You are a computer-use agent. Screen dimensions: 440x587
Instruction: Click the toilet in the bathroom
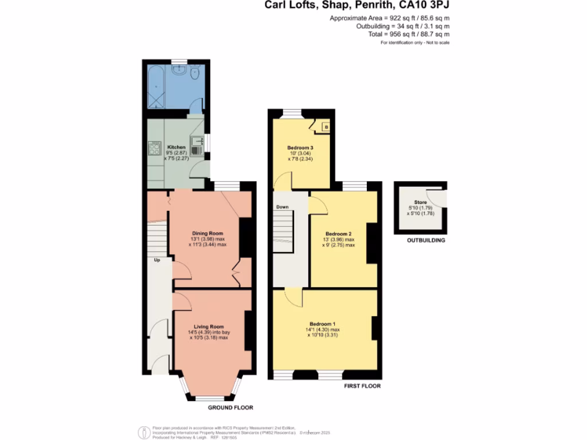(x=195, y=72)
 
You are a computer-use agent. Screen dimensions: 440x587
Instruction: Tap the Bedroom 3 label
(x=300, y=148)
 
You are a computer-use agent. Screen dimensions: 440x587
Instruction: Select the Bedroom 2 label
(x=338, y=234)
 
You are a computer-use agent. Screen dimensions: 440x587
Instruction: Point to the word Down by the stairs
(x=282, y=207)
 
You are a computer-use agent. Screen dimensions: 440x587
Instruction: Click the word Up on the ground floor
(x=156, y=260)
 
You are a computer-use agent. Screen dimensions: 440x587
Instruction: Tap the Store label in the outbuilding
(x=420, y=202)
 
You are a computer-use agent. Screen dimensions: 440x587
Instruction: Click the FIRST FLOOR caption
(x=362, y=386)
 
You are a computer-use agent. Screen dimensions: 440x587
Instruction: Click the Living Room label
(x=209, y=326)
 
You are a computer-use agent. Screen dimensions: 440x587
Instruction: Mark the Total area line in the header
(x=409, y=34)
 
